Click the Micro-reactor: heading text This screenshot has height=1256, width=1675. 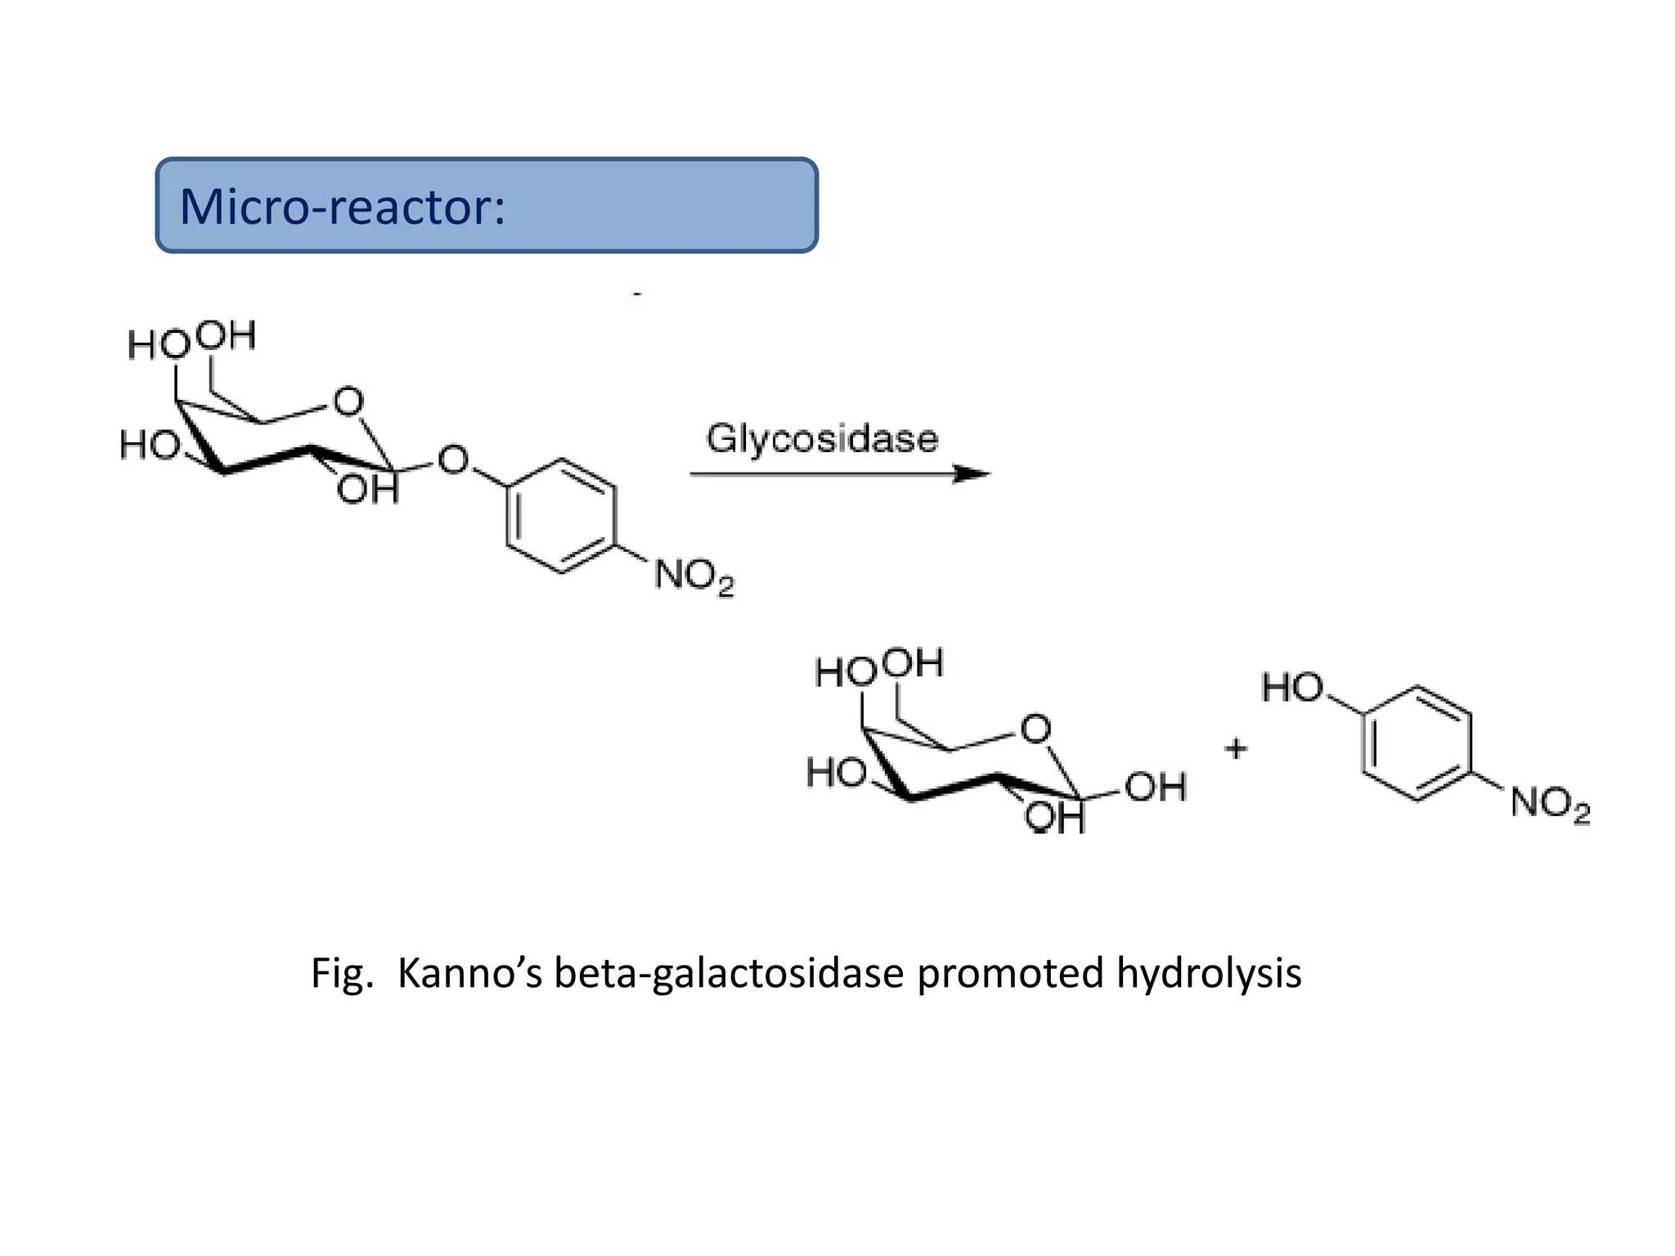342,206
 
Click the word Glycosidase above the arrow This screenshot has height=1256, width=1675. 822,439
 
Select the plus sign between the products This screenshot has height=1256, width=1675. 1236,747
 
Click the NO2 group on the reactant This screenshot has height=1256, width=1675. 694,577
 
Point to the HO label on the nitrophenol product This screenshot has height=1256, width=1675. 1291,688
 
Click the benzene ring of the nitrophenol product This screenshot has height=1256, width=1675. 1417,743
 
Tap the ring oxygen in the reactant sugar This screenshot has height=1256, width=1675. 348,401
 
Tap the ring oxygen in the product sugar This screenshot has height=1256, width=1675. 1035,729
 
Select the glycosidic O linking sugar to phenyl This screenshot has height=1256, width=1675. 452,460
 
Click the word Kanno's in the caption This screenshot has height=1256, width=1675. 469,974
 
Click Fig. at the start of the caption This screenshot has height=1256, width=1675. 342,974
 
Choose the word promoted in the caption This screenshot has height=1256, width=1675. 1010,974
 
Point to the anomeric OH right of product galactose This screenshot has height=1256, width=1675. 1155,787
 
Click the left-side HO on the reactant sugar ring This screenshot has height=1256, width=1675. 149,446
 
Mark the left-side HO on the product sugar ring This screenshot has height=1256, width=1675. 835,773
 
